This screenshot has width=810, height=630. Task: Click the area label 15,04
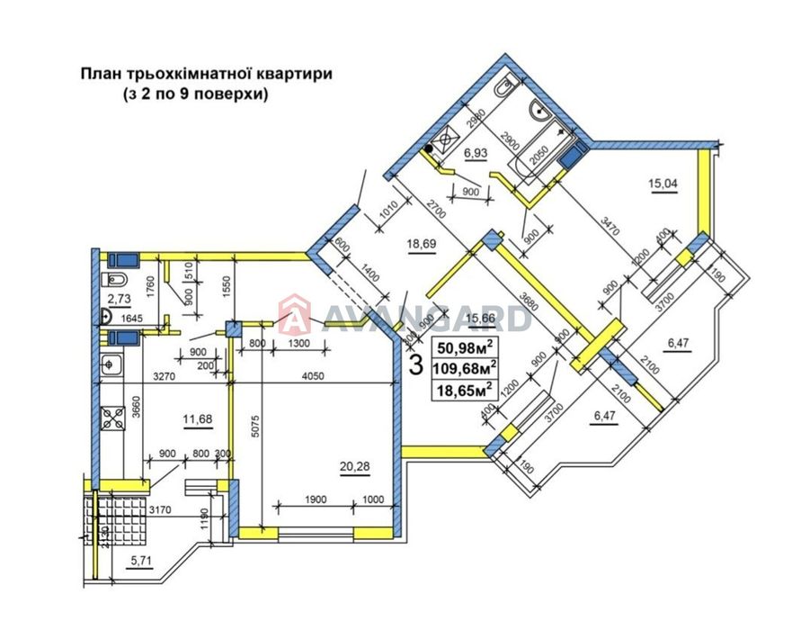click(x=663, y=185)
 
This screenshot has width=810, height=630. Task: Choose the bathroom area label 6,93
click(x=476, y=154)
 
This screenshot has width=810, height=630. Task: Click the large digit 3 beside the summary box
click(x=416, y=366)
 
